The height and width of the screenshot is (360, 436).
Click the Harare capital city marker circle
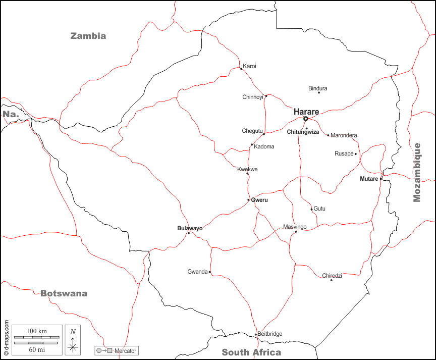305,119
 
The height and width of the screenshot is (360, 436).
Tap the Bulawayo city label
190,228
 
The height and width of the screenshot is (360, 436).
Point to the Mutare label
368,179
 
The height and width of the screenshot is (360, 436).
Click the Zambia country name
88,36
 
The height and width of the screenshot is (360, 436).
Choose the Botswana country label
64,293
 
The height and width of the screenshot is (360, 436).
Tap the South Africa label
251,352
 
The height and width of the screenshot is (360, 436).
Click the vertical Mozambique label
417,172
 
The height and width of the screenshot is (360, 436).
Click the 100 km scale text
36,331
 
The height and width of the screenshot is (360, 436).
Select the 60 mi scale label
36,349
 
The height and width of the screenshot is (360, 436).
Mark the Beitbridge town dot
256,335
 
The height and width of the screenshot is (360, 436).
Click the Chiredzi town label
332,275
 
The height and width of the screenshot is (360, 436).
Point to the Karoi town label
249,66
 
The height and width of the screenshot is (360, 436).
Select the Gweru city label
259,200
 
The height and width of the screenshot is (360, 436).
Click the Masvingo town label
295,227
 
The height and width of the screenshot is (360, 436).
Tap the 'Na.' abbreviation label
11,114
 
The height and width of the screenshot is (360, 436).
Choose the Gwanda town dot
210,272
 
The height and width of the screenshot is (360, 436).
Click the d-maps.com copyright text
6,336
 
